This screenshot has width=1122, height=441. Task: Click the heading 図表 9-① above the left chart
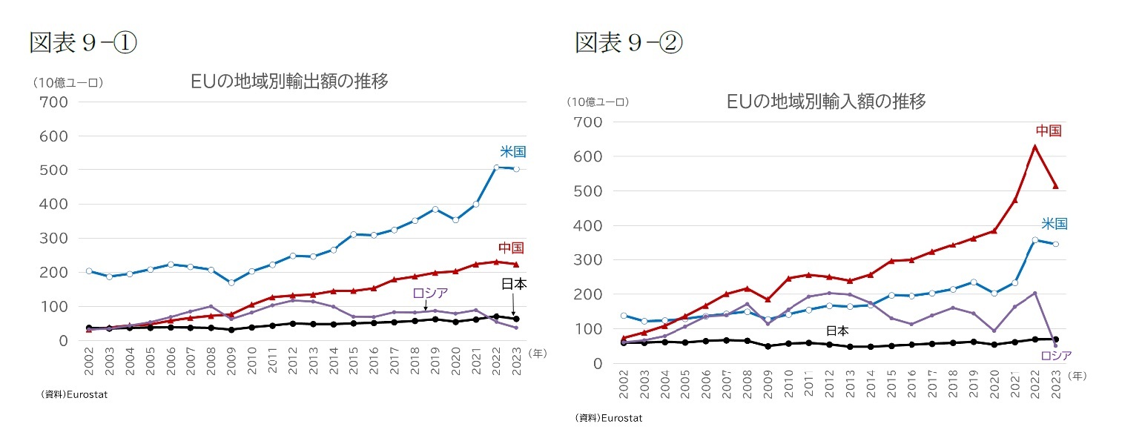[83, 43]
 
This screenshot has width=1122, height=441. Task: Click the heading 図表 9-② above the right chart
[629, 43]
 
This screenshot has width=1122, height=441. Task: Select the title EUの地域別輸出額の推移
[289, 82]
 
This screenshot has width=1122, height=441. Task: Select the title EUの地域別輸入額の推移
[826, 102]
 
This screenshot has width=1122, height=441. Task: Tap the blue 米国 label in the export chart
[512, 152]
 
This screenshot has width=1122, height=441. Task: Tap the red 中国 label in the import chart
[1048, 131]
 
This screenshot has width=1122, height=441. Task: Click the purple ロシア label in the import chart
[1056, 356]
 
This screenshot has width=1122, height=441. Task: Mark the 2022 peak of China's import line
[1034, 146]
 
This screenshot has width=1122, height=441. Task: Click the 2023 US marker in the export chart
[515, 169]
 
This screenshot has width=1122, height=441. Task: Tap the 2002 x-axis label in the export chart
[89, 359]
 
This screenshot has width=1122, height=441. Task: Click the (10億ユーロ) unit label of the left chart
[67, 83]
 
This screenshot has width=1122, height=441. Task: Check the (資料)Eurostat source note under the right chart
[608, 418]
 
